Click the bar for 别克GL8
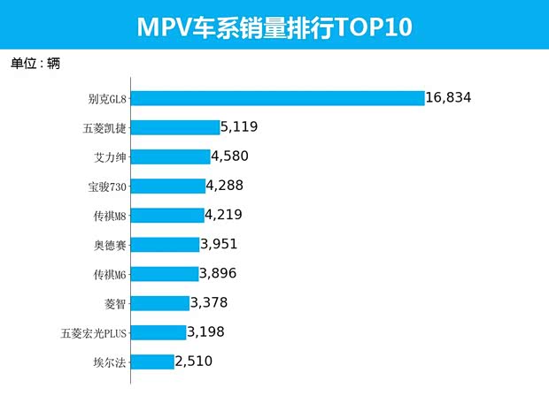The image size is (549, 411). click(278, 98)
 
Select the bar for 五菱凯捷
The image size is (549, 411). click(175, 127)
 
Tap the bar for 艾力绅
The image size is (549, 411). click(171, 156)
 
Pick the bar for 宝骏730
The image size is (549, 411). click(168, 186)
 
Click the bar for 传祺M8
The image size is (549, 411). click(167, 215)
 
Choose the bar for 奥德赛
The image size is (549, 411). click(166, 244)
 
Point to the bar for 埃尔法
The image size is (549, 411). click(152, 362)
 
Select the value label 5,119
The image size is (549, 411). click(239, 126)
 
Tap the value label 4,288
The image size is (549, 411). click(224, 186)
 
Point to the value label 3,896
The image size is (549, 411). click(218, 273)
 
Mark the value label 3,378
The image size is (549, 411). click(209, 303)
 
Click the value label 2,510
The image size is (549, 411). click(194, 361)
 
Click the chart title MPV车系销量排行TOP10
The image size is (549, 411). click(274, 27)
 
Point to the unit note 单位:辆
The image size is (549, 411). click(35, 65)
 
